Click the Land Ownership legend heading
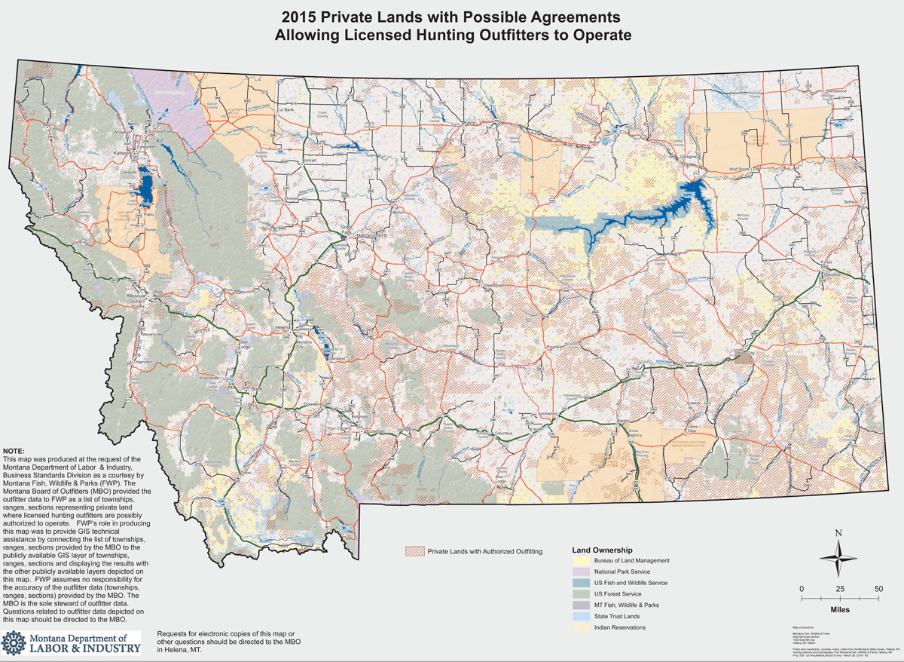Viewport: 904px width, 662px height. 603,550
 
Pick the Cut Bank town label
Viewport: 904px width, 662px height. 285,110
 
